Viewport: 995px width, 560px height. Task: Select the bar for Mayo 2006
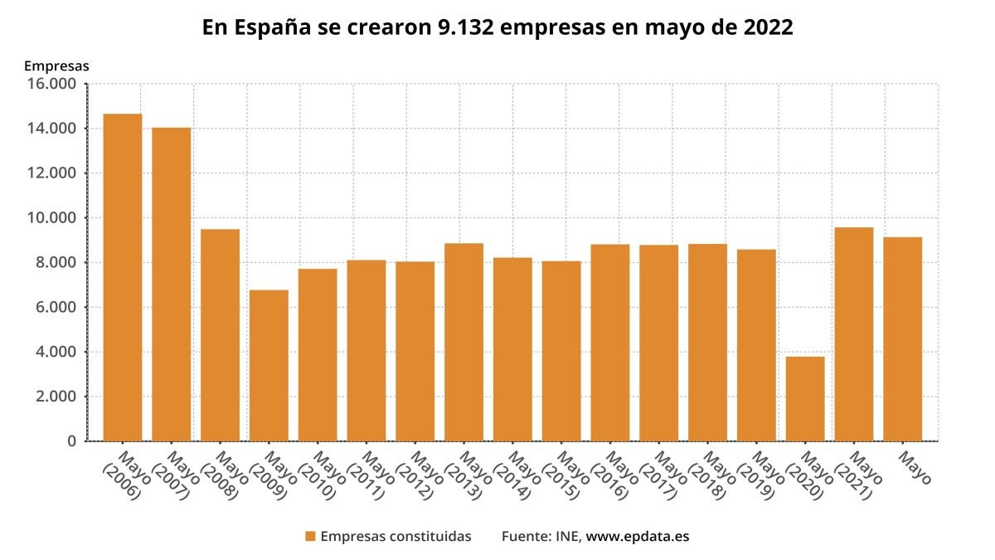(123, 277)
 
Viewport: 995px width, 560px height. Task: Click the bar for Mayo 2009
(269, 365)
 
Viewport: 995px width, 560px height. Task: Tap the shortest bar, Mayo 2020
(805, 399)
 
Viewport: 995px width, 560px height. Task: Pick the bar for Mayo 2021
(854, 334)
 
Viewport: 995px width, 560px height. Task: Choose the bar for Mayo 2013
(464, 342)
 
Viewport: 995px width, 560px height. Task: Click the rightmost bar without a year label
(903, 339)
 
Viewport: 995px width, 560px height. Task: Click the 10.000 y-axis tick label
(51, 217)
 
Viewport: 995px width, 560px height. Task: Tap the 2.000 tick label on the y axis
(56, 397)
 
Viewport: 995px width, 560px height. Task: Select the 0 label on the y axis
(72, 441)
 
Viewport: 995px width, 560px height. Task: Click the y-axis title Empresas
(56, 66)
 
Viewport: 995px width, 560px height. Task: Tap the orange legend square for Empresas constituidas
(310, 536)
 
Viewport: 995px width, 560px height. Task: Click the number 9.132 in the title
(465, 27)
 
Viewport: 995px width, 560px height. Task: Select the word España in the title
(272, 28)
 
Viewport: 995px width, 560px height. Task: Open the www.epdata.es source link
(638, 537)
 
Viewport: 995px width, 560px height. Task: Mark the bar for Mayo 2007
(172, 285)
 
